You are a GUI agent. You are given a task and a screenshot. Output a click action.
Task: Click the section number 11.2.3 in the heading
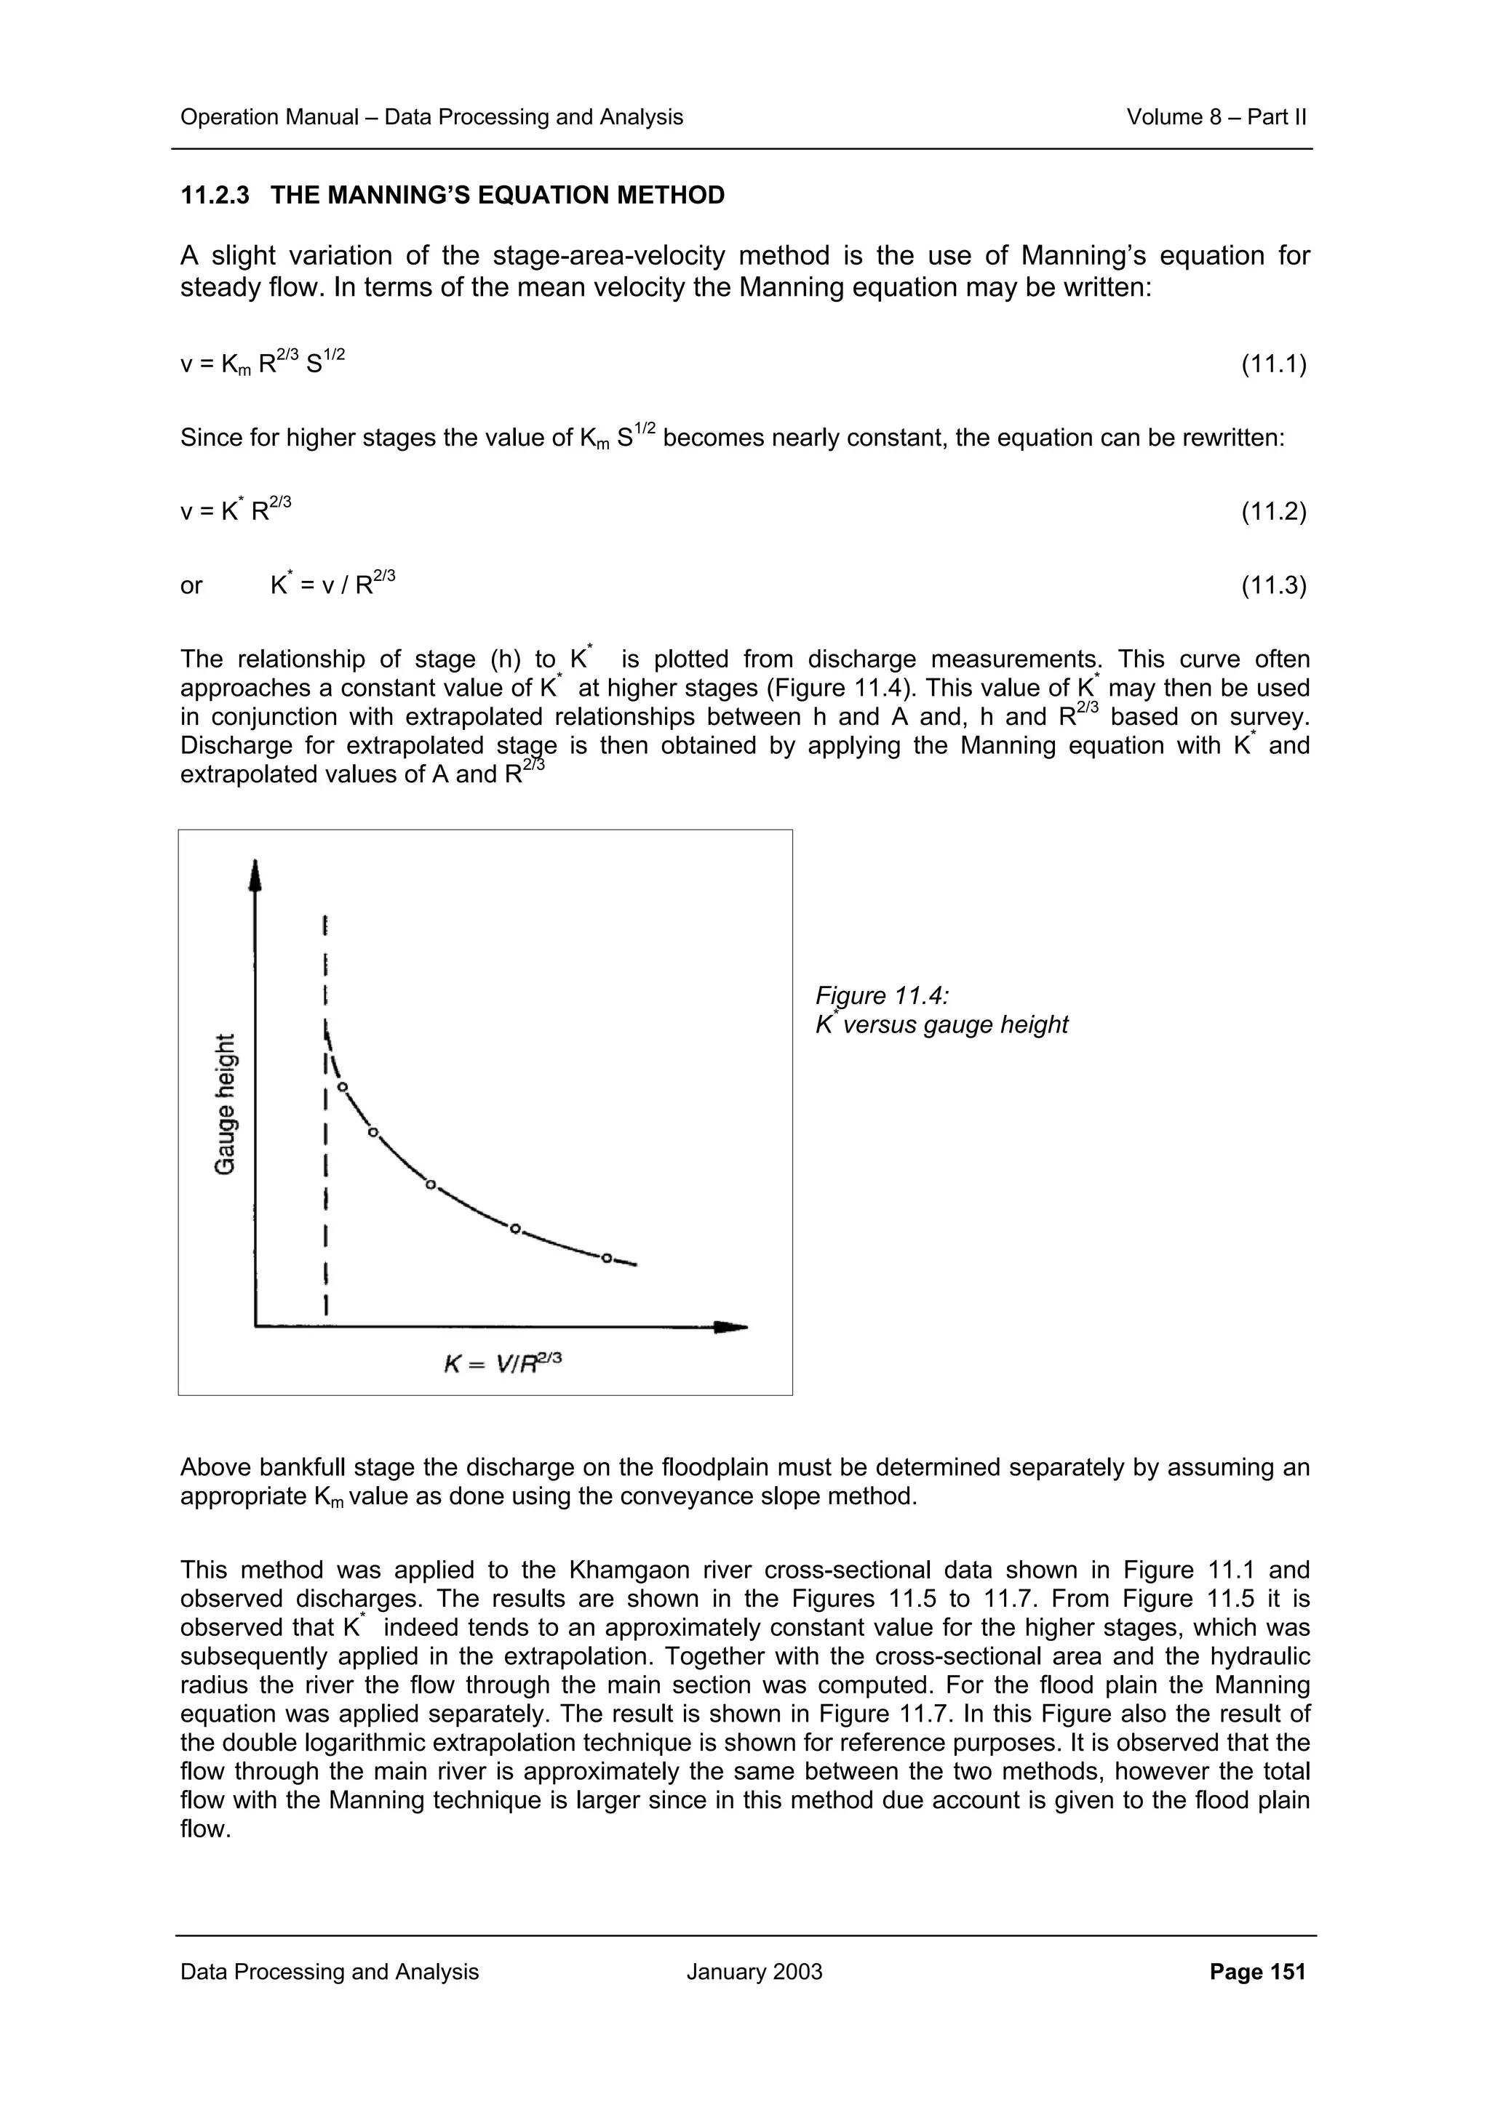click(214, 196)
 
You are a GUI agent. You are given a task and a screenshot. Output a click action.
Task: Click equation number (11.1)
click(1273, 365)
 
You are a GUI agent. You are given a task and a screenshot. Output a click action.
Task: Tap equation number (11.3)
click(1273, 585)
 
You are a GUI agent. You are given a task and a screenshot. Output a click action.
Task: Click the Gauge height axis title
click(225, 1104)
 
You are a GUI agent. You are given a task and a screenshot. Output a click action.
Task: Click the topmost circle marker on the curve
click(343, 1088)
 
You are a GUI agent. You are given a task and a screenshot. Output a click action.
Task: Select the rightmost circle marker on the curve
click(606, 1258)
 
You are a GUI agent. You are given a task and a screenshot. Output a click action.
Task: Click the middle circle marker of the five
click(430, 1184)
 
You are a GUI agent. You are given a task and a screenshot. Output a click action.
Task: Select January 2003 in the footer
click(754, 1972)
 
